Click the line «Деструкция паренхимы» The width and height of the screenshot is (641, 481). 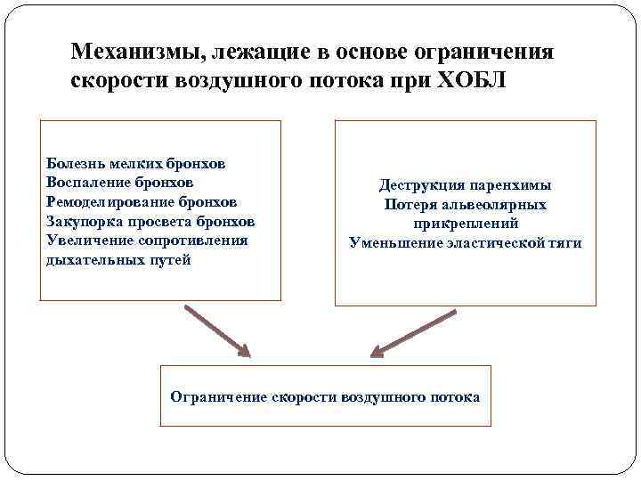[x=465, y=185]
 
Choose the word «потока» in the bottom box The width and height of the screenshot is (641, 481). [x=453, y=396]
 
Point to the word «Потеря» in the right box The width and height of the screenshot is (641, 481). [x=409, y=204]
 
